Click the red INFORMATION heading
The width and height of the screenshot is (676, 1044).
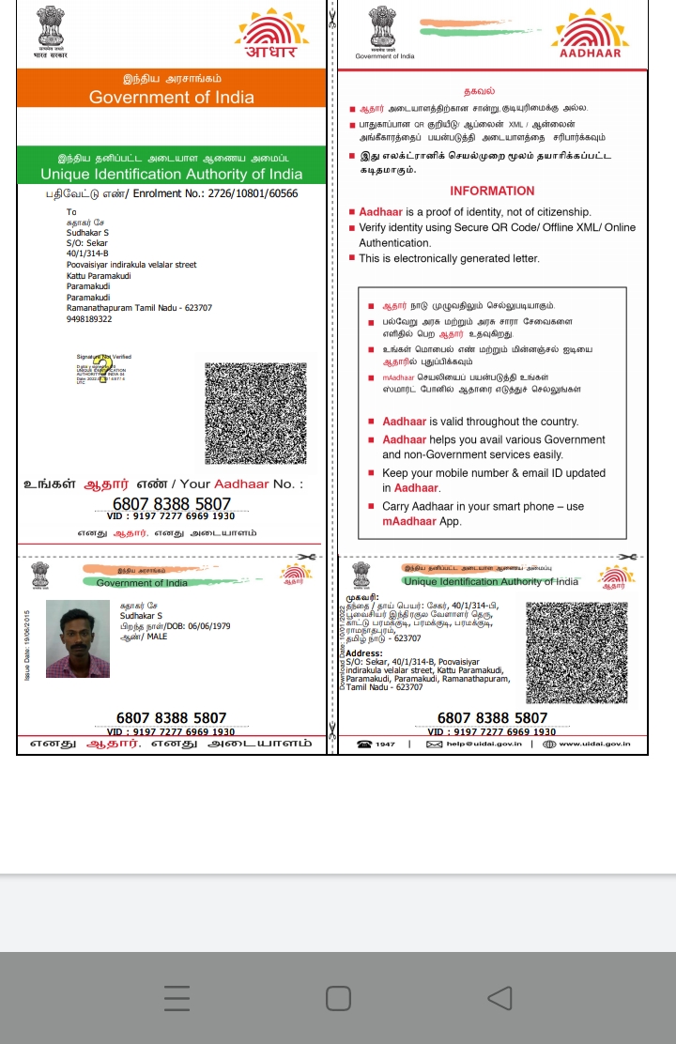coord(492,191)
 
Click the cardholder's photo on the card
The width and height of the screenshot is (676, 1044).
coord(78,639)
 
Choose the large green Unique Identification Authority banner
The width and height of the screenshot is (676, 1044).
coord(172,167)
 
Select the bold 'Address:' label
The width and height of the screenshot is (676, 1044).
coord(364,652)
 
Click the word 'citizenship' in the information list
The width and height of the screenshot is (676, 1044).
coord(561,212)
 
